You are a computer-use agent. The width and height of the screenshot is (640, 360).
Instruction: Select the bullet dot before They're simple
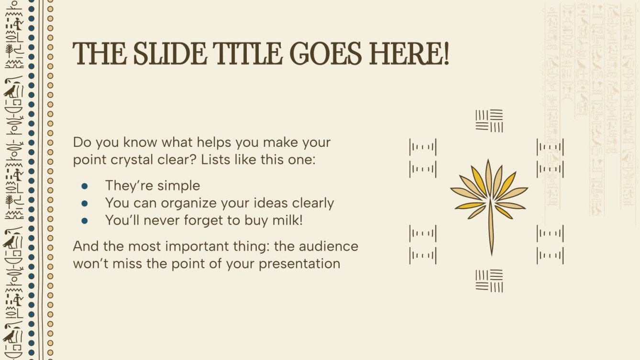pyautogui.click(x=85, y=185)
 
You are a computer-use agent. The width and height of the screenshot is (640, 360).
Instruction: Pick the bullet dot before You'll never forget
pyautogui.click(x=85, y=220)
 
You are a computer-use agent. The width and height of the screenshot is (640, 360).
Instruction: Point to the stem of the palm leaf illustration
pyautogui.click(x=491, y=229)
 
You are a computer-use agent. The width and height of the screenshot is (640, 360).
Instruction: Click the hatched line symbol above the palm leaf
pyautogui.click(x=489, y=120)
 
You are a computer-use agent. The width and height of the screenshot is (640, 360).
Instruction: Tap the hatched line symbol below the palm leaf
pyautogui.click(x=489, y=281)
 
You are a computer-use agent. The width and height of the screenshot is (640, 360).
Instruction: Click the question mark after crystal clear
pyautogui.click(x=193, y=160)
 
